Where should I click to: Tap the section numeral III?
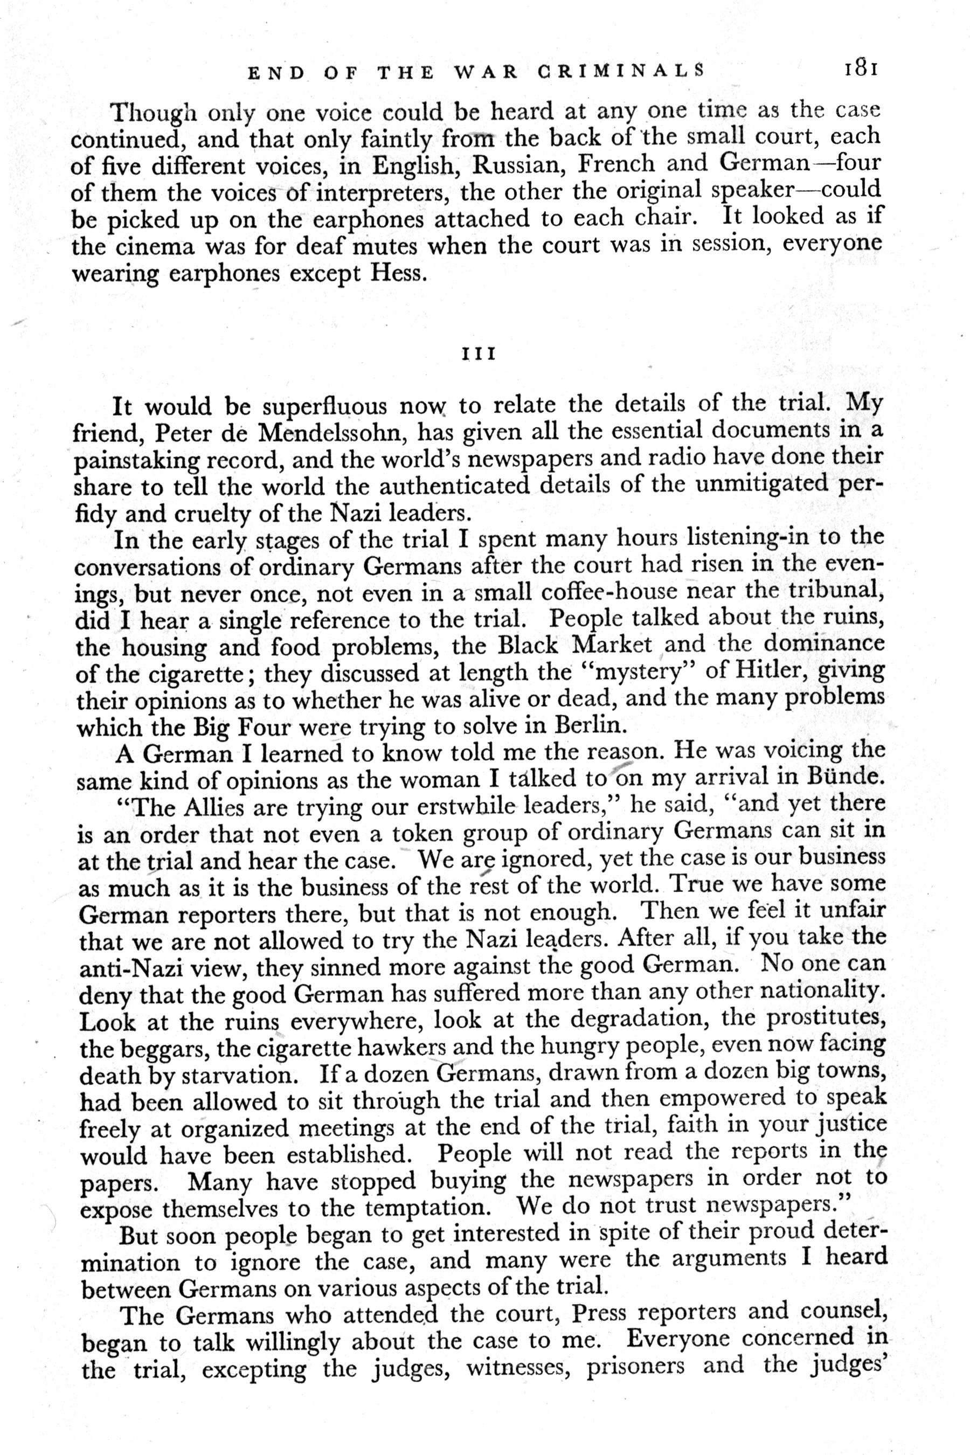tap(479, 355)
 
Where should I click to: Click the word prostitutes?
tap(825, 1017)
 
